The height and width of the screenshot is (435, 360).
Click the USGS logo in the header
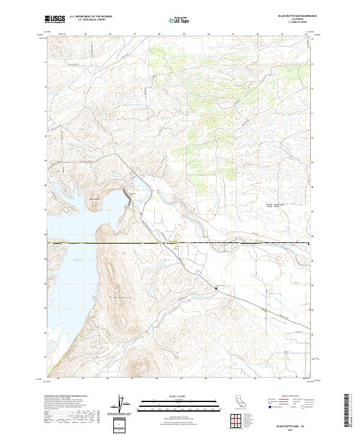[x=55, y=19]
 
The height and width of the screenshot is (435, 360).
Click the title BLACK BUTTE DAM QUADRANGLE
[x=290, y=16]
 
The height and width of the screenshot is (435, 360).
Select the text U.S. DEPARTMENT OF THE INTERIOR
[x=91, y=17]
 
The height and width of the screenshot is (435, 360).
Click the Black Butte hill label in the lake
[x=95, y=200]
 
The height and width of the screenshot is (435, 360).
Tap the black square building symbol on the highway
[x=216, y=289]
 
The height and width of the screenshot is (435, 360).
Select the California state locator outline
[x=241, y=401]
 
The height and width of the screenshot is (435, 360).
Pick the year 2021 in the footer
[x=290, y=428]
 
